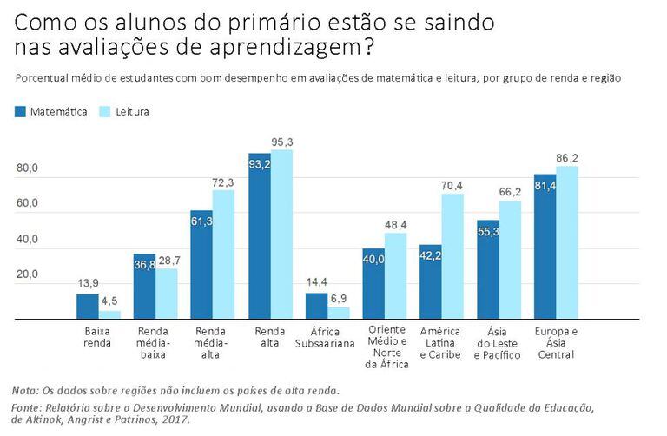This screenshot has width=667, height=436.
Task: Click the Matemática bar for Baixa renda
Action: pos(87,307)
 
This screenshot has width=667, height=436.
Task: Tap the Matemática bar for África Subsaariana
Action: pos(315,307)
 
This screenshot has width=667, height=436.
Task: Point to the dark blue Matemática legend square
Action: pos(21,112)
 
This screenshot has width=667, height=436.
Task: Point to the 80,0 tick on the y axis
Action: pos(29,168)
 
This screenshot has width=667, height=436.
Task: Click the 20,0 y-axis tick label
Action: pos(29,274)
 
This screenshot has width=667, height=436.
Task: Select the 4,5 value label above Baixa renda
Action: pos(110,303)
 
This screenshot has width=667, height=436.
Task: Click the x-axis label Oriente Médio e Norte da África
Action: pos(385,347)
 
